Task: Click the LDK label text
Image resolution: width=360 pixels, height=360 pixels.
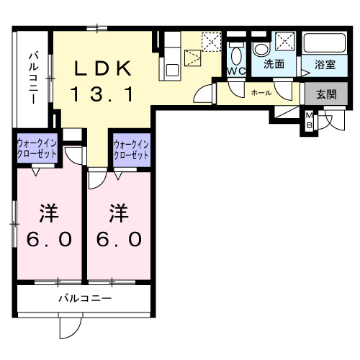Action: (104, 68)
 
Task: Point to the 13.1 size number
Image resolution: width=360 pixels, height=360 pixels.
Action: (104, 94)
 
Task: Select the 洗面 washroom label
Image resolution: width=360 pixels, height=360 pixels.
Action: (273, 64)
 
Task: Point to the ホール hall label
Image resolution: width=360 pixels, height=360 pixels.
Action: (261, 93)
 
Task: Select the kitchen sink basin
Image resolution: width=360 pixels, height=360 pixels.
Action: (173, 70)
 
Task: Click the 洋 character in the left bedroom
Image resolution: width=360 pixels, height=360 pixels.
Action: (48, 213)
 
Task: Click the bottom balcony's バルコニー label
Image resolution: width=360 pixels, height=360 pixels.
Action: (84, 297)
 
